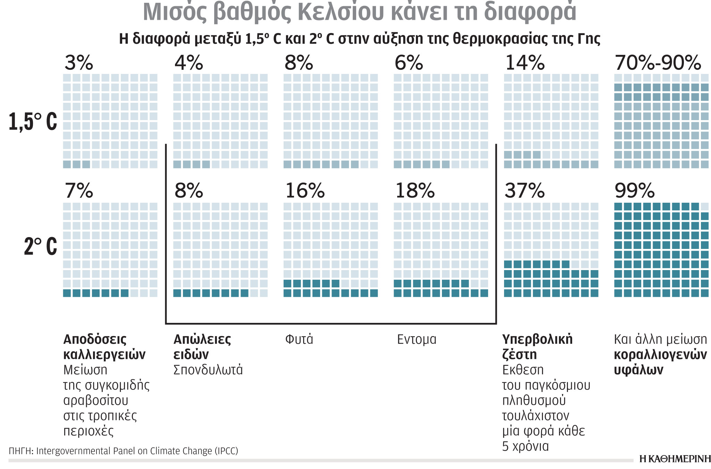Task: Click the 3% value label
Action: coord(79,63)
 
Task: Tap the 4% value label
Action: coord(189,63)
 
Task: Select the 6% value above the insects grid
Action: coord(409,63)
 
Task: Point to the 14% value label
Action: coord(525,63)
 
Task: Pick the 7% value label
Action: coord(79,191)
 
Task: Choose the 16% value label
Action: coord(305,191)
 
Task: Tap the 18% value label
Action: coord(415,191)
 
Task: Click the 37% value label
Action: coord(525,191)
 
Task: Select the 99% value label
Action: coord(634,191)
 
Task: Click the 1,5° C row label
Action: coord(33,122)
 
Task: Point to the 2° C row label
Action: coord(40,246)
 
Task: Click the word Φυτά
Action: coord(299,339)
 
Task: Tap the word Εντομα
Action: coord(416,339)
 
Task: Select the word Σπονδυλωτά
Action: coord(208,370)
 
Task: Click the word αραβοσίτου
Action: coord(96,401)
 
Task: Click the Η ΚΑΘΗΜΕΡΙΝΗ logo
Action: coord(675,459)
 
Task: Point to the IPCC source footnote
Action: coord(123,451)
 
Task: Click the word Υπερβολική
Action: coord(537,339)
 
